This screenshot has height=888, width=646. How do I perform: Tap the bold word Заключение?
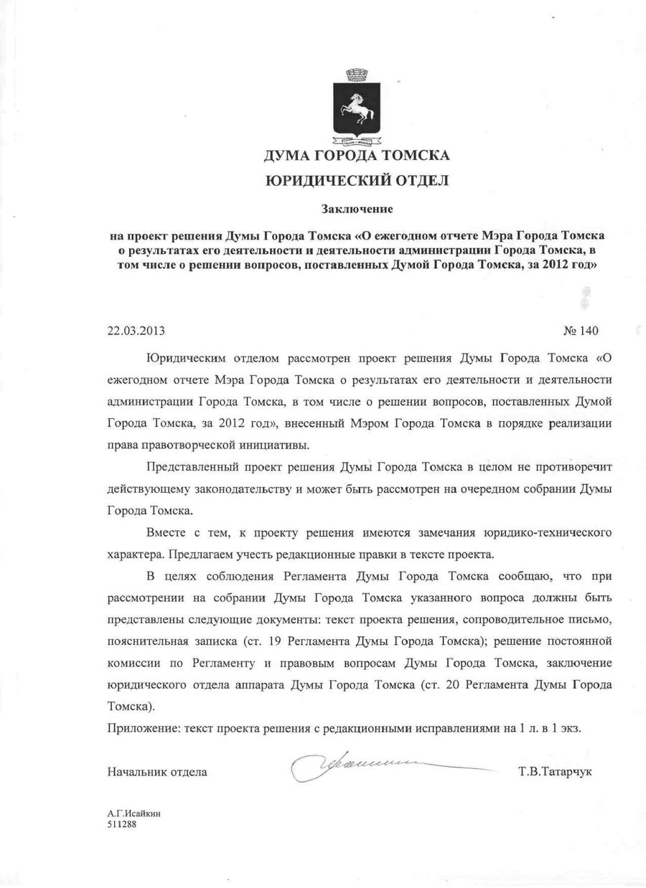point(357,209)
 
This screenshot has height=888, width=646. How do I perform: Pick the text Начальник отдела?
point(157,772)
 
